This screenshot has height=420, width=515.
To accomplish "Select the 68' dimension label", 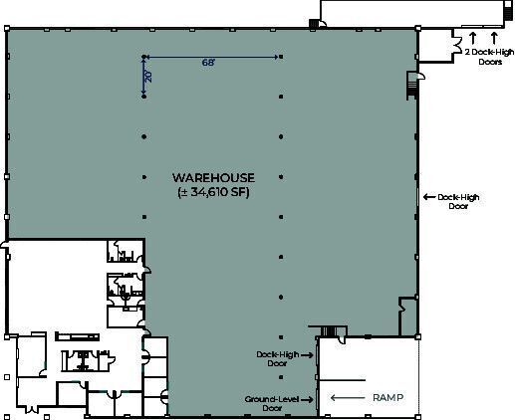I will coord(208,62).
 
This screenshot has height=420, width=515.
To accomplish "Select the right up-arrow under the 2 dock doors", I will coord(493,38).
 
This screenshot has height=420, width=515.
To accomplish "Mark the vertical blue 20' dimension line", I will coord(143,76).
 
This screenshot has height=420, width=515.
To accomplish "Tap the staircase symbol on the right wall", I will coord(410,87).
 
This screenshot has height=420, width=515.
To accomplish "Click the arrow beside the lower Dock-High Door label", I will coord(310,353).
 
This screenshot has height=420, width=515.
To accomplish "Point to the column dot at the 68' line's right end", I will coord(281,56).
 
